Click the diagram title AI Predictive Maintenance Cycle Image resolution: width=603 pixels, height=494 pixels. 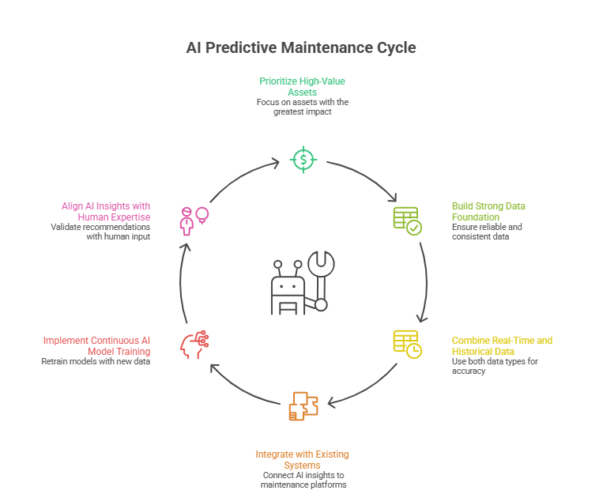click(301, 47)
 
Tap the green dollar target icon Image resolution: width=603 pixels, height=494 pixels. click(303, 160)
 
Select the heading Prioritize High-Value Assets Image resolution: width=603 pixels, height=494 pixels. click(302, 86)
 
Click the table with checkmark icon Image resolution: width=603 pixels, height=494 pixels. click(407, 221)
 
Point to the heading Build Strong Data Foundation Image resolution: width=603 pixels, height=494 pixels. click(488, 211)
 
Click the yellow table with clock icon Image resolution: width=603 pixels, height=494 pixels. click(407, 343)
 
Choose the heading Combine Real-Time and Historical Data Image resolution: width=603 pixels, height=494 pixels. click(502, 345)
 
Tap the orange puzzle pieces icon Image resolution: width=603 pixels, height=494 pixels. click(303, 405)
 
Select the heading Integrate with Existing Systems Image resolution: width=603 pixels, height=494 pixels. click(302, 459)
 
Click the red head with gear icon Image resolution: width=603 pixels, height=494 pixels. click(195, 343)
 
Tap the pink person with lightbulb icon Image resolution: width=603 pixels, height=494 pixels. click(194, 221)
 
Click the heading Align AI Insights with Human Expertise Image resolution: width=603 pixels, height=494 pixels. click(106, 211)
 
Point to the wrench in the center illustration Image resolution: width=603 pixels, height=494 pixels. click(321, 277)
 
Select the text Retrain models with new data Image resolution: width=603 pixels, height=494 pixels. click(96, 361)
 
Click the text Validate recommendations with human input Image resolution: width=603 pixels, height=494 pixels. click(100, 232)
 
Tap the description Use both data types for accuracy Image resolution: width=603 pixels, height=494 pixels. click(484, 366)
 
